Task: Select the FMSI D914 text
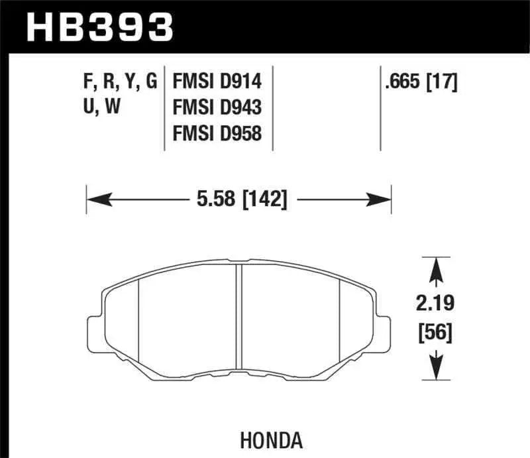pos(217,82)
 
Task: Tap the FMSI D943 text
pos(217,107)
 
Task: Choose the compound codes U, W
pos(103,107)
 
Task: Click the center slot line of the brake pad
pos(239,318)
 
